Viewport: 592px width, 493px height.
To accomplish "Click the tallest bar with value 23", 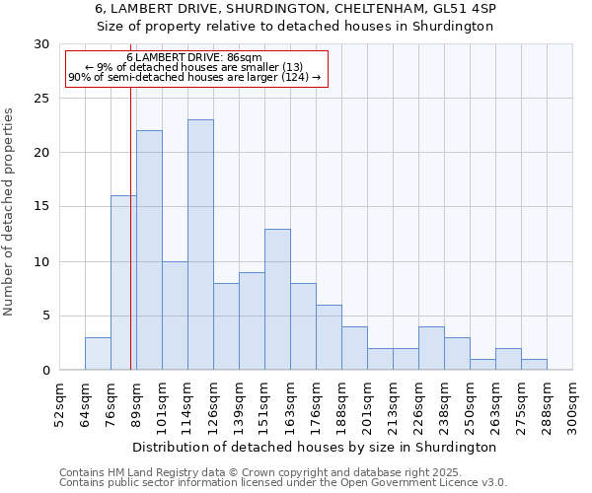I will (200, 245).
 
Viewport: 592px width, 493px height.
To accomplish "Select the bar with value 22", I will (149, 250).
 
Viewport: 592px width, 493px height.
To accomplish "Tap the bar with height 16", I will (123, 283).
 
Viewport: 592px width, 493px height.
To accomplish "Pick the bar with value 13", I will (277, 300).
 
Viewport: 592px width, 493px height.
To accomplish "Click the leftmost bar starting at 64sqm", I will (98, 354).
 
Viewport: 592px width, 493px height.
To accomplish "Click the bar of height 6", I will (329, 337).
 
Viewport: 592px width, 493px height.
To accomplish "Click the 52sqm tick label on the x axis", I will (59, 404).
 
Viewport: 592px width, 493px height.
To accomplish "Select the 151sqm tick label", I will (264, 404).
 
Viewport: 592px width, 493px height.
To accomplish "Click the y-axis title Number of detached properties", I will (10, 212).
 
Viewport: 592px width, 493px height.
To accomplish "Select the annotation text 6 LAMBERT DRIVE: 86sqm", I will (194, 58).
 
